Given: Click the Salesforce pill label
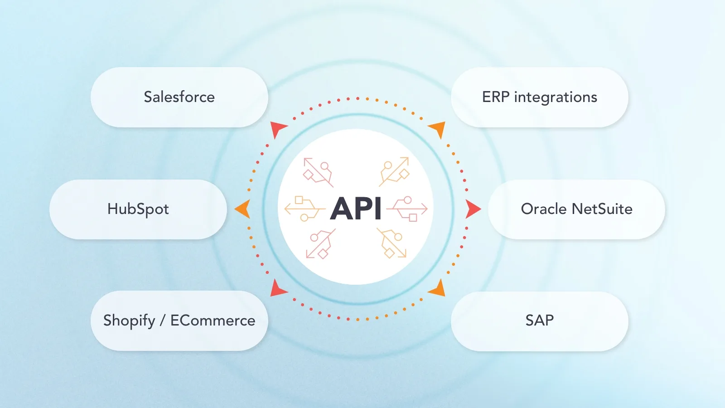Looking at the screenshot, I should click(179, 97).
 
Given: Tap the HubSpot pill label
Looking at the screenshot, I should click(138, 209).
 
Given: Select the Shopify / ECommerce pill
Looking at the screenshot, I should click(179, 321).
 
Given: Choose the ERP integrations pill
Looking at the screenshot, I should click(539, 97).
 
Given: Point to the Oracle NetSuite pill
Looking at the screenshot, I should click(576, 209).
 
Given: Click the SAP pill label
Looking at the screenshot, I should click(539, 321).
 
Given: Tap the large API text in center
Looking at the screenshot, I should click(356, 209).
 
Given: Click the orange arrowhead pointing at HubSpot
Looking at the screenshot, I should click(243, 209).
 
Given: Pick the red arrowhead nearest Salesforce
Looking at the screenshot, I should click(277, 128).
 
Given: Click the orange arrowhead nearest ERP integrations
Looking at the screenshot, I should click(438, 128).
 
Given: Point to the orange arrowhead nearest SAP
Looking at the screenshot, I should click(438, 289).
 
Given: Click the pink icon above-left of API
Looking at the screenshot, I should click(318, 172).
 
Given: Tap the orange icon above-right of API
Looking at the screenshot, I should click(394, 171).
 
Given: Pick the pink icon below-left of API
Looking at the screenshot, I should click(320, 244).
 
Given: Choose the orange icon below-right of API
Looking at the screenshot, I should click(392, 243).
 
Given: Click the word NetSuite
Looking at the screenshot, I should click(602, 209).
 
